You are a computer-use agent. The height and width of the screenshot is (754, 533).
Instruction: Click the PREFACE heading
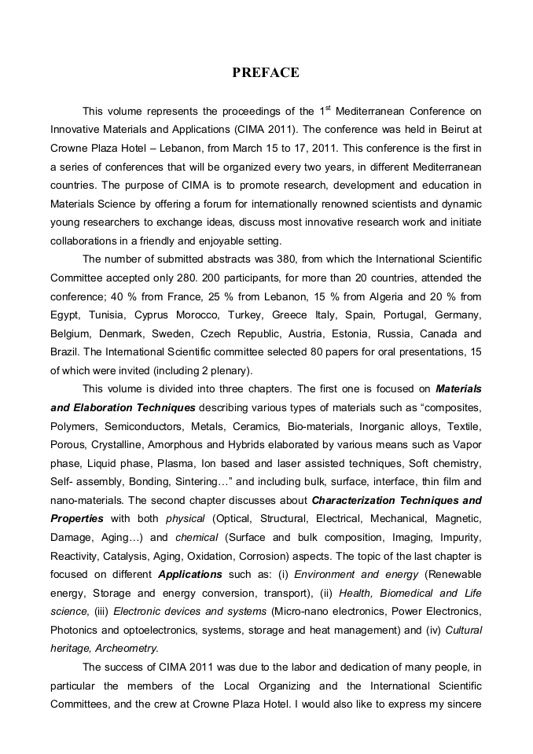point(266,73)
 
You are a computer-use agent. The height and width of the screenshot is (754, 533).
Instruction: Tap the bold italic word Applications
point(190,574)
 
